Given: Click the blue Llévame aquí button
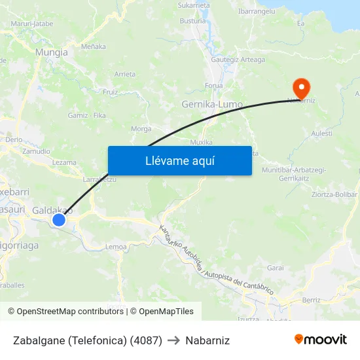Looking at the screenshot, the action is [179, 160].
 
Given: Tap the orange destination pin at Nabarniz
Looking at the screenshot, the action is [301, 88].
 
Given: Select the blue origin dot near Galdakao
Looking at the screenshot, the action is [59, 219].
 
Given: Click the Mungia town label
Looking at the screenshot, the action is [52, 52].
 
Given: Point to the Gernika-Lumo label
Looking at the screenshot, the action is [211, 105].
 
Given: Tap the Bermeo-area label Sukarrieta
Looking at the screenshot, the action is [194, 5].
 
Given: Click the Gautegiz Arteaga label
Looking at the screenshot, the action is [238, 60].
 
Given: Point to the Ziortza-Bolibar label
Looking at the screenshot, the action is [334, 194].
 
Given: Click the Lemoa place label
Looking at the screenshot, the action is [116, 246].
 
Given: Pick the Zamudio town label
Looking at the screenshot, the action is [36, 151].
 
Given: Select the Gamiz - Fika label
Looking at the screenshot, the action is [87, 115].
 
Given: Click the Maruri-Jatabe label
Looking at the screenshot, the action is [32, 24].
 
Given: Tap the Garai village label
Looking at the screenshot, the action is [275, 268].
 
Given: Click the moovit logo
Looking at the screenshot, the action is [321, 339].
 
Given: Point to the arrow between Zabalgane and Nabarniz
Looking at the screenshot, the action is [173, 340].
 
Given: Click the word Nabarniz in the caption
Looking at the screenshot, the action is [207, 340].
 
